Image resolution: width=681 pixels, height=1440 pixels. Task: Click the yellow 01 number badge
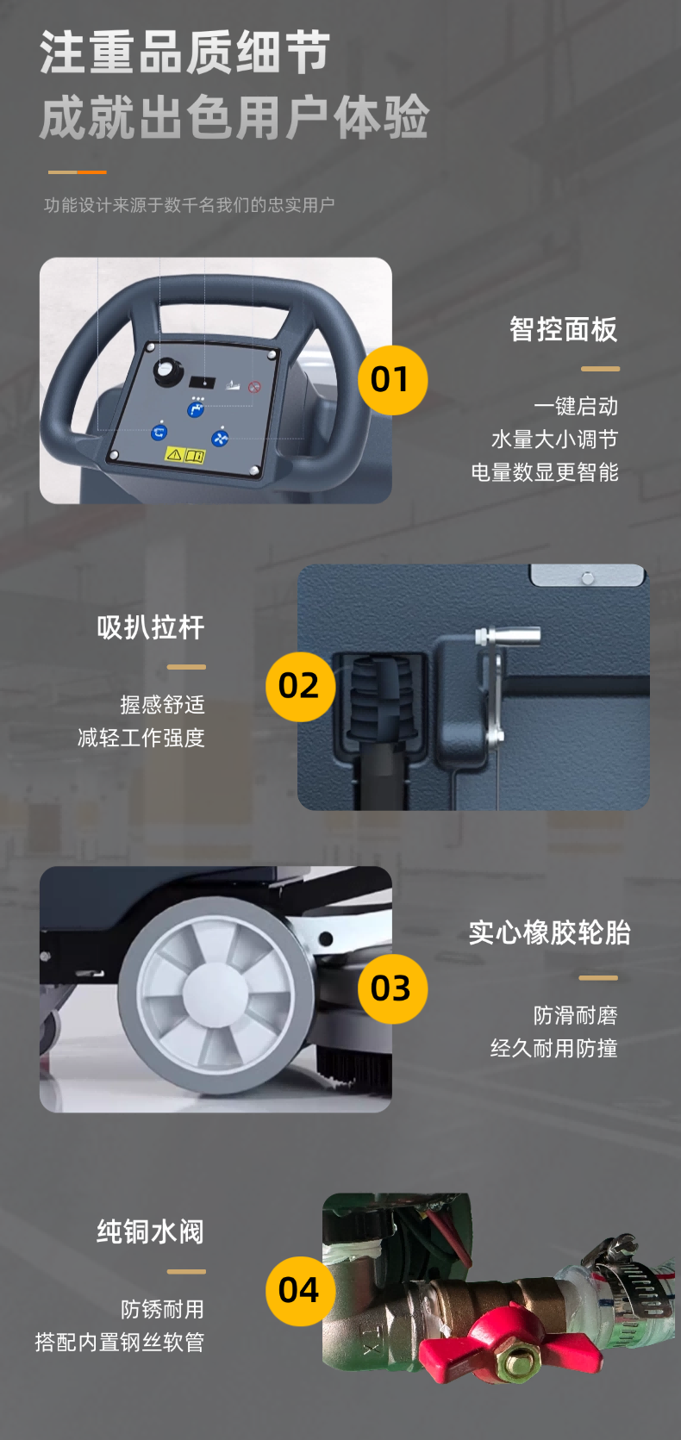tap(392, 380)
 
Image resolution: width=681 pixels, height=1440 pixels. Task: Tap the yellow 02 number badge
tap(300, 686)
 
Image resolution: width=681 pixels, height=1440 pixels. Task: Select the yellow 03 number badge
tap(392, 988)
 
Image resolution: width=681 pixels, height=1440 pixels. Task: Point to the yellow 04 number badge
tap(300, 1290)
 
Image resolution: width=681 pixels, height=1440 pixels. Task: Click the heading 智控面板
tap(563, 329)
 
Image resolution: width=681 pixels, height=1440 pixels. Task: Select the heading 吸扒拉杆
tap(151, 627)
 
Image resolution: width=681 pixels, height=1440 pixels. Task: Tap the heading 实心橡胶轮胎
tap(549, 932)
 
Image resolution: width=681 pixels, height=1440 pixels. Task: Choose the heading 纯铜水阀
tap(151, 1232)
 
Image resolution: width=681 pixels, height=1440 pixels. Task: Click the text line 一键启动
tap(575, 407)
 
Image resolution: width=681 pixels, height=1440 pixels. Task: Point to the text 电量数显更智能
tap(544, 472)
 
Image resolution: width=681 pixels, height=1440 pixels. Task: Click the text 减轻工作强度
tap(141, 738)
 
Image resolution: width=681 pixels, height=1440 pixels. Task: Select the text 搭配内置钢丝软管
tap(120, 1342)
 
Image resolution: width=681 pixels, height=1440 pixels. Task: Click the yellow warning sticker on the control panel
tap(184, 454)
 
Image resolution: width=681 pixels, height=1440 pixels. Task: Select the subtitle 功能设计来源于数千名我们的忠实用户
tap(189, 205)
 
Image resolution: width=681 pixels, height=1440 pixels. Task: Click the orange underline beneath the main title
tap(77, 172)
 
